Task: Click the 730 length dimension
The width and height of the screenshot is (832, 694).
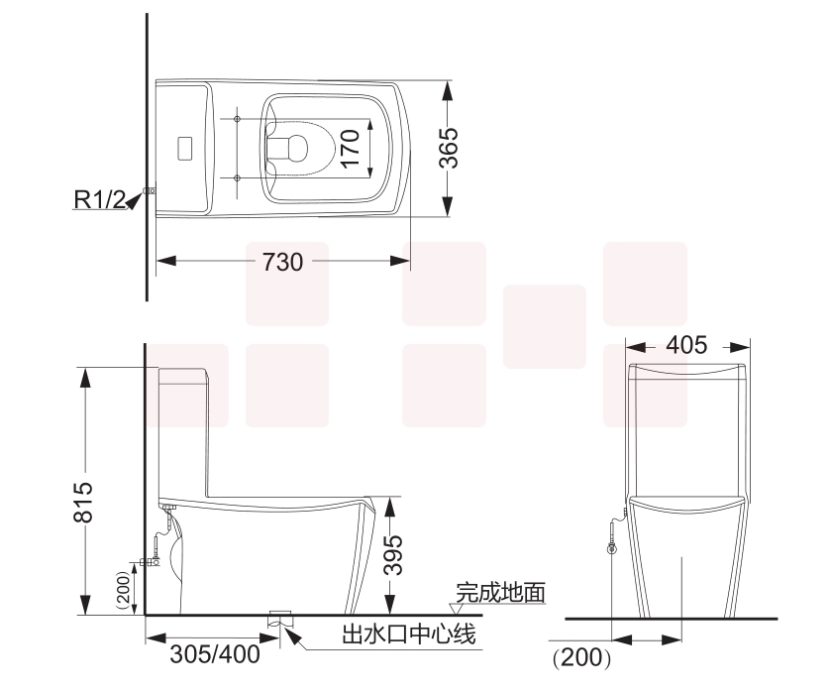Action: pos(283,262)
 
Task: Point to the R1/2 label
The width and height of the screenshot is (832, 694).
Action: pos(99,199)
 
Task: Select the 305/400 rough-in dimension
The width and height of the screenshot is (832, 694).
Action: pos(215,654)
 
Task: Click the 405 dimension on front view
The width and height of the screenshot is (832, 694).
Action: pos(687,345)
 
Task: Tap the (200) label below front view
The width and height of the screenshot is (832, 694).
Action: pos(580,655)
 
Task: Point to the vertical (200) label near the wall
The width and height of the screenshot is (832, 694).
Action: pos(123,592)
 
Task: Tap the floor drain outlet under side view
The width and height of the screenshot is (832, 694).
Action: pos(279,619)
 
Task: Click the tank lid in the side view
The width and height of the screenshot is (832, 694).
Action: pos(183,374)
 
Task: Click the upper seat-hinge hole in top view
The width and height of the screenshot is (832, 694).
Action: pos(238,119)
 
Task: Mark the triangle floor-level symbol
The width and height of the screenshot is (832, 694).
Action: pos(459,607)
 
